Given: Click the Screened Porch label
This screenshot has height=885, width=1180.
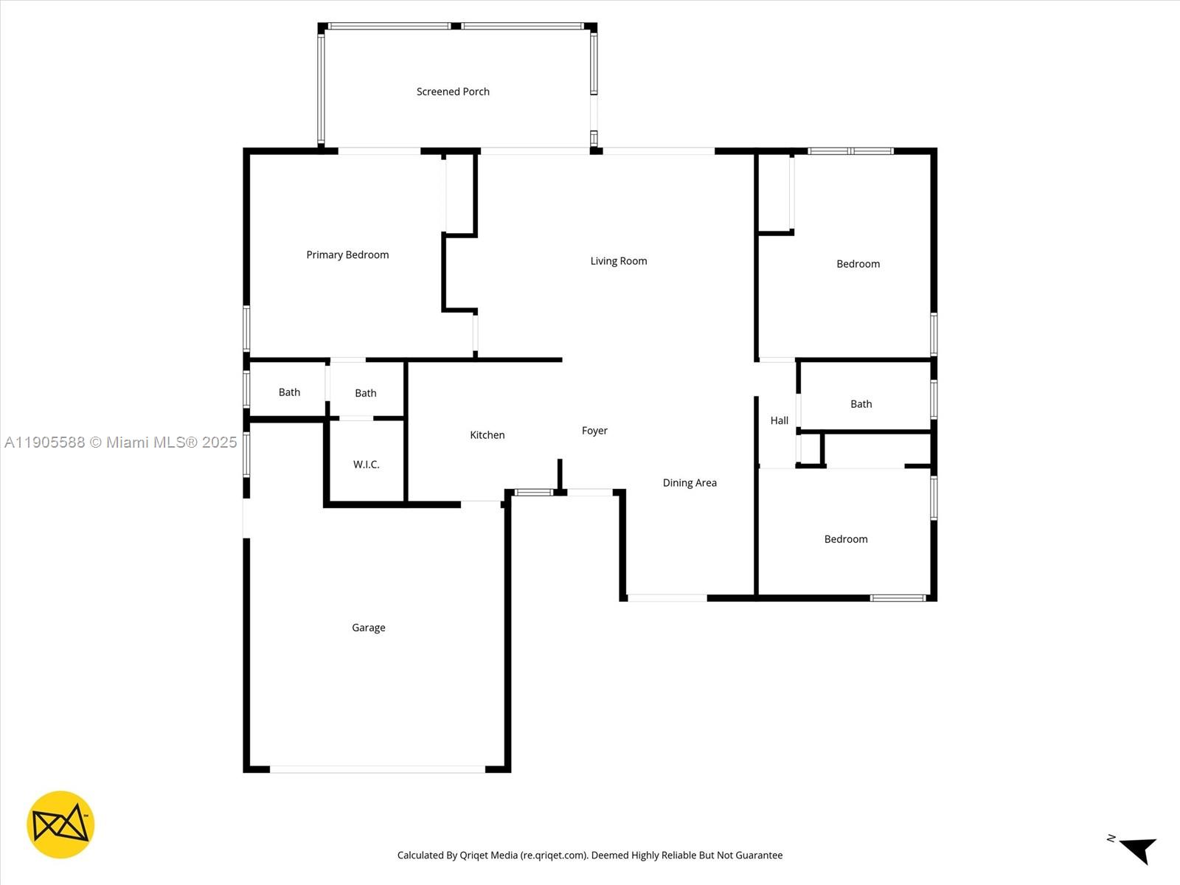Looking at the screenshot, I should (x=453, y=91).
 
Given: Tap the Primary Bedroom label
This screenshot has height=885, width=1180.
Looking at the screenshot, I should (x=347, y=254).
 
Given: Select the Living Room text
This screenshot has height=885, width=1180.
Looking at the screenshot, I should (x=618, y=260).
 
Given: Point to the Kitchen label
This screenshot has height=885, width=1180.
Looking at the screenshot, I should (x=487, y=434).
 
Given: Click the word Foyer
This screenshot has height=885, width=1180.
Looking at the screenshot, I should (x=594, y=430).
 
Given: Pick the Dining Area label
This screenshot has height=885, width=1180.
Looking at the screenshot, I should (x=690, y=482).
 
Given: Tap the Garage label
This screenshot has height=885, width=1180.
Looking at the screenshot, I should (x=368, y=627).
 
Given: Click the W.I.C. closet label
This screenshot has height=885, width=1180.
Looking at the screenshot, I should (x=366, y=464).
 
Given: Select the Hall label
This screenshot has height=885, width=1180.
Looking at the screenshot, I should (x=779, y=420).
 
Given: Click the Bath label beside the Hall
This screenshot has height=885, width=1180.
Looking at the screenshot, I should (x=861, y=403).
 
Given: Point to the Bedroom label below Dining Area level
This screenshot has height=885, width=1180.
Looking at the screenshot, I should (x=845, y=538).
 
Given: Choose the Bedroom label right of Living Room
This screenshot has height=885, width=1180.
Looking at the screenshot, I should (x=858, y=263).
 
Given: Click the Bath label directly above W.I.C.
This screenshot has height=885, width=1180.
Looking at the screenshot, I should (x=365, y=392).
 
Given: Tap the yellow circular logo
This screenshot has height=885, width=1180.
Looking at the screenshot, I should (x=60, y=825).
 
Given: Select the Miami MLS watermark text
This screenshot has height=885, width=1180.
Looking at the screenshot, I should (x=121, y=442).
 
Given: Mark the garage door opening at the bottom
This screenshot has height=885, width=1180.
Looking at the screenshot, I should (x=378, y=769).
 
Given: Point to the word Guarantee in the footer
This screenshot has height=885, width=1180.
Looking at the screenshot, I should (x=758, y=855).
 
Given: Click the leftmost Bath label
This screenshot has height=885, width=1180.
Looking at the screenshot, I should (x=289, y=392).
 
